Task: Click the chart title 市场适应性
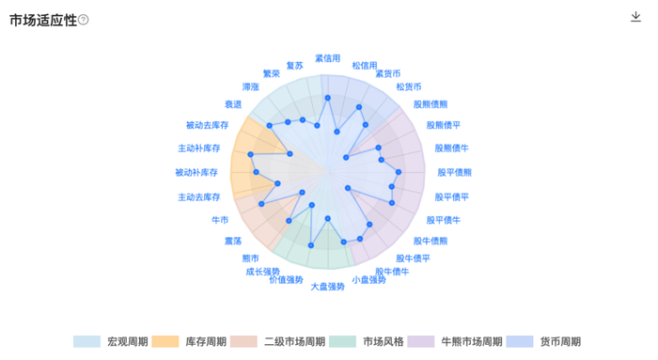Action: pyautogui.click(x=43, y=21)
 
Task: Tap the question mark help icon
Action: pyautogui.click(x=84, y=21)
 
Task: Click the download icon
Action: pyautogui.click(x=636, y=16)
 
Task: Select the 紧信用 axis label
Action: pyautogui.click(x=327, y=58)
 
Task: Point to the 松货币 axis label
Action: pyautogui.click(x=409, y=86)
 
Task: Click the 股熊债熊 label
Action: pyautogui.click(x=431, y=104)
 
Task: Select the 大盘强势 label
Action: pyautogui.click(x=327, y=285)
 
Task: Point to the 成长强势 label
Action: pyautogui.click(x=263, y=271)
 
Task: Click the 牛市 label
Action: pyautogui.click(x=220, y=220)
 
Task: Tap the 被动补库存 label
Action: pyautogui.click(x=196, y=173)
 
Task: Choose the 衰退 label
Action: pyautogui.click(x=233, y=104)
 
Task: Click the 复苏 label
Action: pyautogui.click(x=295, y=65)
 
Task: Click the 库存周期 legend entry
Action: pyautogui.click(x=193, y=341)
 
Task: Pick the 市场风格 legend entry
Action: pyautogui.click(x=371, y=341)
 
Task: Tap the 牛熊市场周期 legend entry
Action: pyautogui.click(x=460, y=341)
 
